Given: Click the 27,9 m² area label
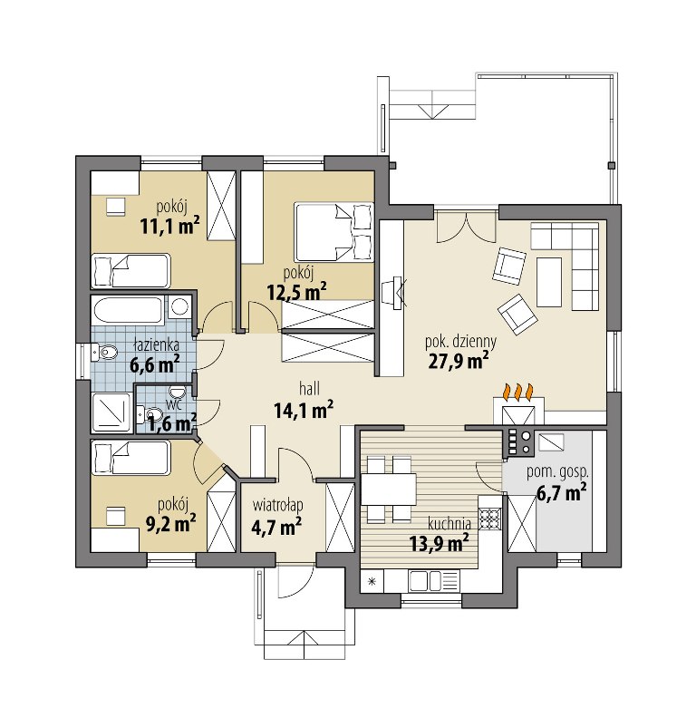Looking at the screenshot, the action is point(458,360).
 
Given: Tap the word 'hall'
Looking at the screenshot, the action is point(309,388).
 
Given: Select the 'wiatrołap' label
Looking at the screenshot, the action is point(277,505).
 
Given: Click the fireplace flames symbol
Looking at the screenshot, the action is point(518,390).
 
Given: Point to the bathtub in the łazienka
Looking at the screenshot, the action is point(128,310).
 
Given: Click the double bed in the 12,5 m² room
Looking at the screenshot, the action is point(334,232).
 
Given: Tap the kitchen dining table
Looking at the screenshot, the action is point(389,489).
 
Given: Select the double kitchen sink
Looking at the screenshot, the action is point(425,581).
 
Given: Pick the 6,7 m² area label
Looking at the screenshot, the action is point(561,491).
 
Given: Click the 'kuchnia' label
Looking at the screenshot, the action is point(449,524).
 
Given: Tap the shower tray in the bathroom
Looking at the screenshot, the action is point(111,411).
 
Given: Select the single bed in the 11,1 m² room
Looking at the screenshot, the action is point(130,270).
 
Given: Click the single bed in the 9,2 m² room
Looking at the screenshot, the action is point(130,458).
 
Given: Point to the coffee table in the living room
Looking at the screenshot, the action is point(549,282).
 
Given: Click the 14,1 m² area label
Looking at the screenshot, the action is point(304,410).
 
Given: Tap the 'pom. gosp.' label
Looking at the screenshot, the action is point(557,472).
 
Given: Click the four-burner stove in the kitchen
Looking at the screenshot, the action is point(490,519).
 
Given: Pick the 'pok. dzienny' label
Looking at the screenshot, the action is point(460,342).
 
